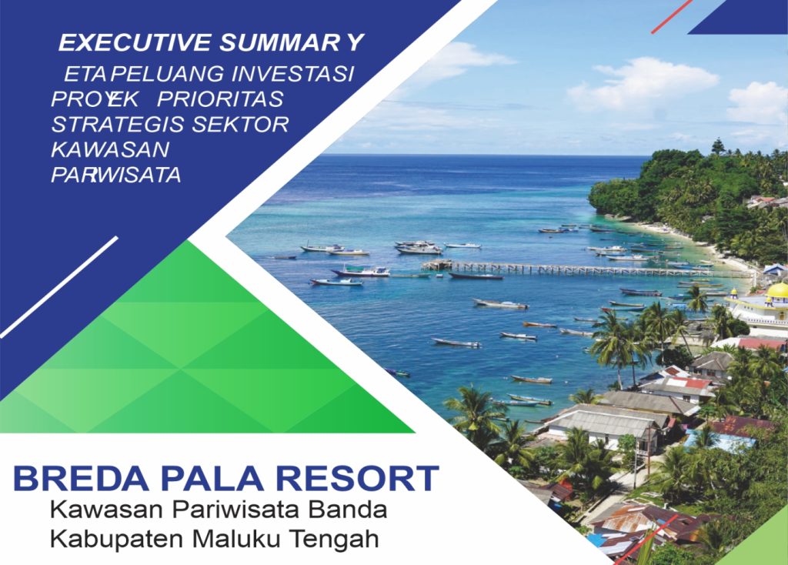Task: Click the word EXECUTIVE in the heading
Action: (135, 43)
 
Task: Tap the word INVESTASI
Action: (293, 74)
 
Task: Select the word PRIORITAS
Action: (221, 99)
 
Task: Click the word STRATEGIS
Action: (118, 124)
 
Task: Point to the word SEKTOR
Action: (240, 124)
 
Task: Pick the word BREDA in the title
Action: (81, 479)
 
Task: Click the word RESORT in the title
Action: (358, 479)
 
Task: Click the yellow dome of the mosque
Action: (778, 290)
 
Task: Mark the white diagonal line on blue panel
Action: (59, 286)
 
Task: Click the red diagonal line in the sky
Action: (672, 17)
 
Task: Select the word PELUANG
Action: (167, 74)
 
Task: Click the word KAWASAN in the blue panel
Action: (110, 150)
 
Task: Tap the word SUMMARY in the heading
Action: (291, 43)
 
